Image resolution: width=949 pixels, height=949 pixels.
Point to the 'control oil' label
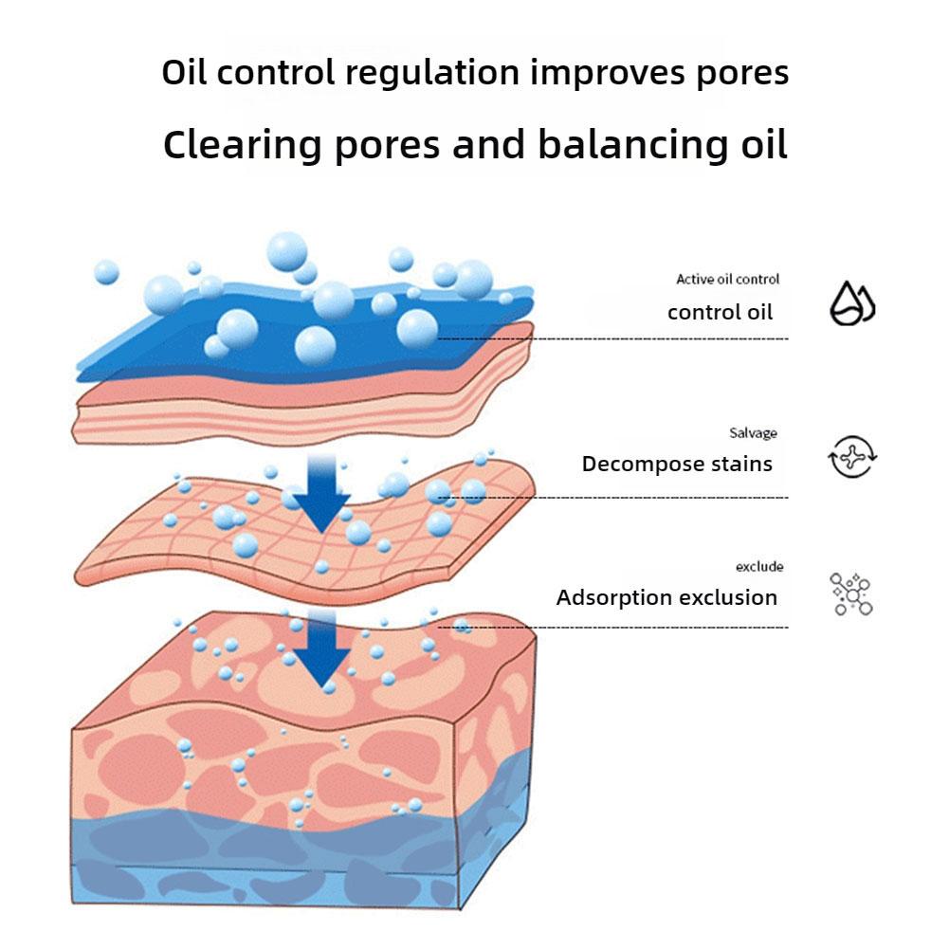[720, 312]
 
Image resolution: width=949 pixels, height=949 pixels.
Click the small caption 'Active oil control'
[727, 280]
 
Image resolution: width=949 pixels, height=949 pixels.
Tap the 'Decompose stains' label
[677, 465]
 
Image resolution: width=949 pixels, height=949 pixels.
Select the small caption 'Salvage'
[753, 433]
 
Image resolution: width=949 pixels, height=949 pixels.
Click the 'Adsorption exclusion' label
[666, 598]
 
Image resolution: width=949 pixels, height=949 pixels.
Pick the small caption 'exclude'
[759, 567]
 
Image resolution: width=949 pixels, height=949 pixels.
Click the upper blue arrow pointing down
[322, 493]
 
